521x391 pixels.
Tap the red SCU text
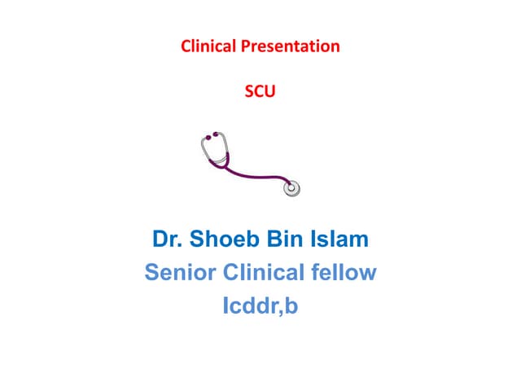(260, 92)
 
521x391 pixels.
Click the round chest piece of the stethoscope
(291, 189)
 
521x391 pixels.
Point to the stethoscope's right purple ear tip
(215, 134)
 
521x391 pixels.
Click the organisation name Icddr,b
(260, 308)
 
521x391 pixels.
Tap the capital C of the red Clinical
(186, 46)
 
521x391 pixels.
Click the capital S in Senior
(152, 272)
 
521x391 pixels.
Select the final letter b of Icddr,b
(291, 308)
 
